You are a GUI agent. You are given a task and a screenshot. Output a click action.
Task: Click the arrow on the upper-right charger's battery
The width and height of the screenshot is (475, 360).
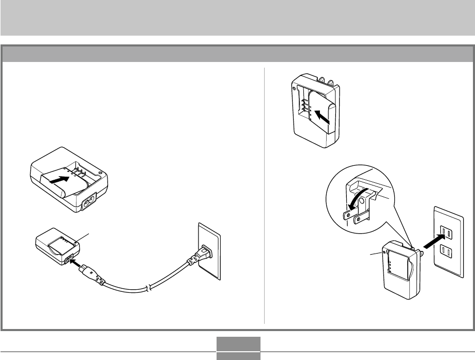tap(322, 116)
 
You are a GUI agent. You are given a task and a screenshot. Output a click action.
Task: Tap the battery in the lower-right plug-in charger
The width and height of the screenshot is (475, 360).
tap(400, 268)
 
